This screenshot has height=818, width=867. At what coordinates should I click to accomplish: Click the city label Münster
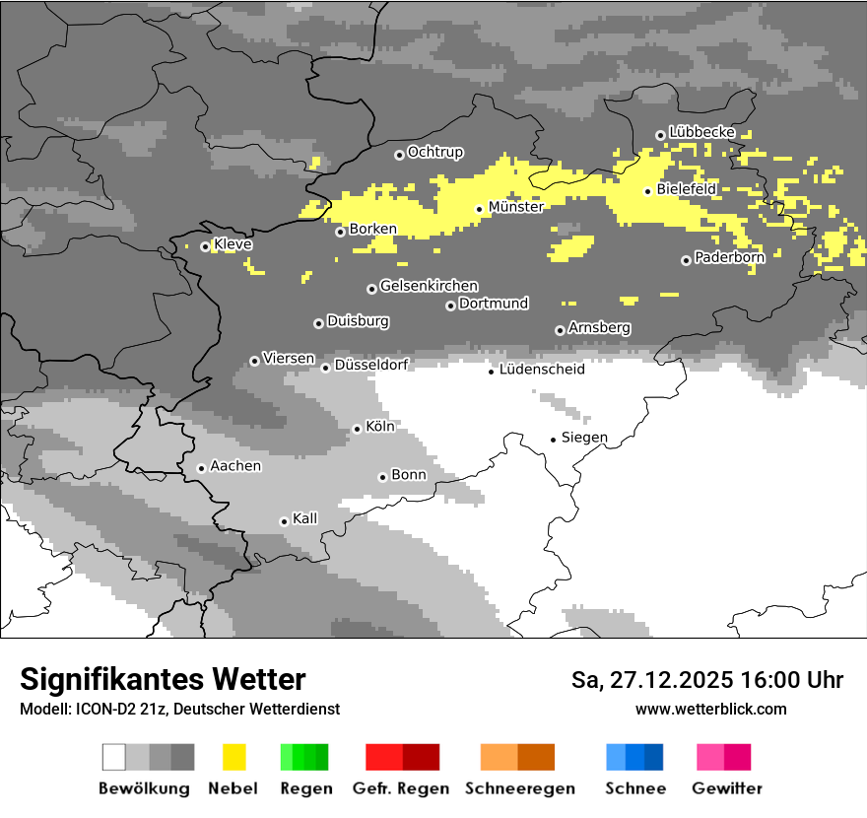point(515,207)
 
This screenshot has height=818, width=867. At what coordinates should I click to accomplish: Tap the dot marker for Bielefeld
point(647,191)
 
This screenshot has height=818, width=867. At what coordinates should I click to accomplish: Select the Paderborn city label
point(729,258)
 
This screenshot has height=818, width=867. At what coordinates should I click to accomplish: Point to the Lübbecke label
point(701,132)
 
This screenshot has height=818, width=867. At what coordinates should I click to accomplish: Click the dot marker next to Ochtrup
point(399,155)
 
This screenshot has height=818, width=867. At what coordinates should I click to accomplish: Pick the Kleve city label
point(233,244)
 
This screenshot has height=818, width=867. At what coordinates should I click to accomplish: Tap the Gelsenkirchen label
point(429,287)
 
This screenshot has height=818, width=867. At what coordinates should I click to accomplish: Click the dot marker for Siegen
point(554,440)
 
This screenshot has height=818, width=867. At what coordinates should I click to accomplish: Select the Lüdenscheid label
point(542,370)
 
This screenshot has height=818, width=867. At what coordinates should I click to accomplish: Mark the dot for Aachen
point(201,468)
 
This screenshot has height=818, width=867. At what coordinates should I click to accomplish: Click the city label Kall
point(305,518)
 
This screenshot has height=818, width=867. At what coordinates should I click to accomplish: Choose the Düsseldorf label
point(371,365)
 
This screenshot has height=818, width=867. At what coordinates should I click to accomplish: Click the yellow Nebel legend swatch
point(233,757)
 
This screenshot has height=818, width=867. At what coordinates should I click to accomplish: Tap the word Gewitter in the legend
point(726,788)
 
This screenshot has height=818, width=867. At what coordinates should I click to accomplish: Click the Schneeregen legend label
point(519,788)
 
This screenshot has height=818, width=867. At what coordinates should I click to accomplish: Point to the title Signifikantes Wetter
point(163,679)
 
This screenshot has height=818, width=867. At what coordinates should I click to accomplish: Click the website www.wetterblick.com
point(710,709)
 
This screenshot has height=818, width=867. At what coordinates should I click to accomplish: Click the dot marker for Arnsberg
point(560,331)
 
